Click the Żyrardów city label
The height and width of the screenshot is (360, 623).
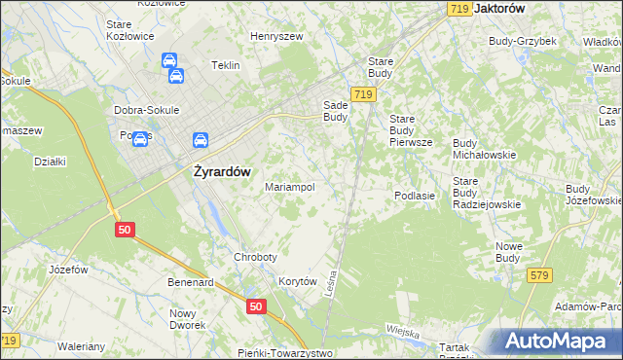pyautogui.click(x=217, y=171)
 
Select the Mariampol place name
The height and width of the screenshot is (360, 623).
pyautogui.click(x=290, y=187)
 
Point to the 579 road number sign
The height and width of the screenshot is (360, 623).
pyautogui.click(x=539, y=275)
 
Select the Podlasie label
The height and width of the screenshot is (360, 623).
pyautogui.click(x=420, y=196)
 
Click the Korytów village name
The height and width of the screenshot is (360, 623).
pyautogui.click(x=299, y=280)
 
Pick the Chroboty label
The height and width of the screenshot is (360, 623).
pyautogui.click(x=255, y=257)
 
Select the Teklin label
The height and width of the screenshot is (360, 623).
pyautogui.click(x=226, y=66)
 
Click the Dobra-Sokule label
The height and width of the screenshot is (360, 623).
pyautogui.click(x=146, y=110)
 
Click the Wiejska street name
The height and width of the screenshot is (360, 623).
pyautogui.click(x=401, y=333)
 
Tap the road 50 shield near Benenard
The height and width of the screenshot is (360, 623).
pyautogui.click(x=255, y=306)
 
